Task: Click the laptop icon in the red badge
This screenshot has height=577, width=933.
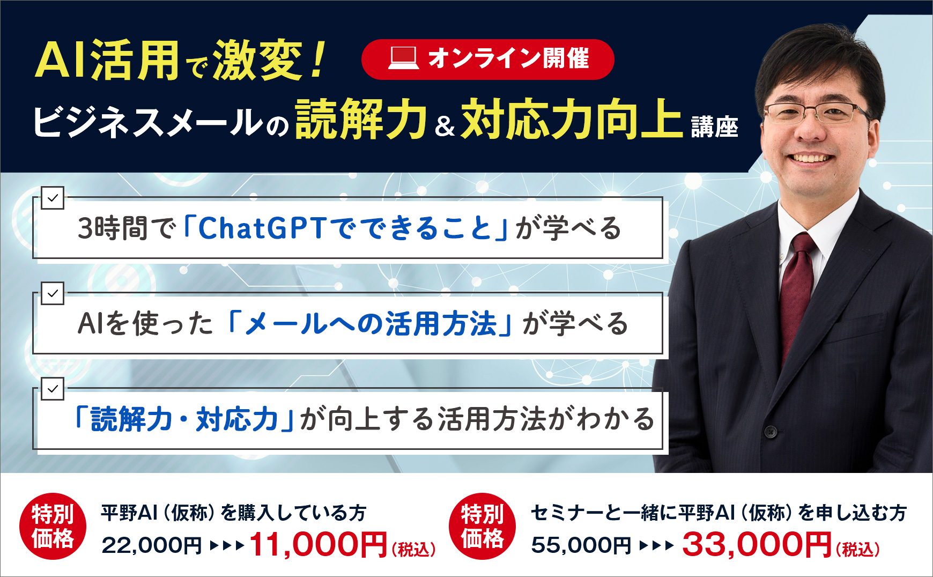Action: [403, 58]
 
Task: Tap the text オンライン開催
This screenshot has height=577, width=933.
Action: [508, 58]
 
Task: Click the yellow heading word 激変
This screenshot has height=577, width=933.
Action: [258, 60]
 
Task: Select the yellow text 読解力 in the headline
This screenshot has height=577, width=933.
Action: [361, 119]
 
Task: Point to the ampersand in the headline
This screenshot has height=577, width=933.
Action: [445, 125]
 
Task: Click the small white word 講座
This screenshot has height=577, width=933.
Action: [714, 127]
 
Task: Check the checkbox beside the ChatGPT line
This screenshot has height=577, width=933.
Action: [53, 198]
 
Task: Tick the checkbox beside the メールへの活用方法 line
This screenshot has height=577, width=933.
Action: [53, 293]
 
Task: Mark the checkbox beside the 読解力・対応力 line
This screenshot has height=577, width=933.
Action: [53, 389]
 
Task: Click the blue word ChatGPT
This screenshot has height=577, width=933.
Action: [262, 228]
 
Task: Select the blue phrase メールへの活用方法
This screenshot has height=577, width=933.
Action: [371, 323]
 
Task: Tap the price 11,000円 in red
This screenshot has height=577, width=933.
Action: [318, 544]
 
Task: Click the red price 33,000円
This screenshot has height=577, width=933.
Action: [757, 544]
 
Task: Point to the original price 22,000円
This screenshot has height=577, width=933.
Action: [152, 545]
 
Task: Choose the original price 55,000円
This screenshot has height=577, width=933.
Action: [581, 545]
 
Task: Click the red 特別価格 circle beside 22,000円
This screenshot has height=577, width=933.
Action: [53, 526]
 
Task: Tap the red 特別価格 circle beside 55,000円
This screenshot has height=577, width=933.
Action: [482, 526]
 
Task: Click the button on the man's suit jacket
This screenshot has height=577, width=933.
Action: [771, 431]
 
